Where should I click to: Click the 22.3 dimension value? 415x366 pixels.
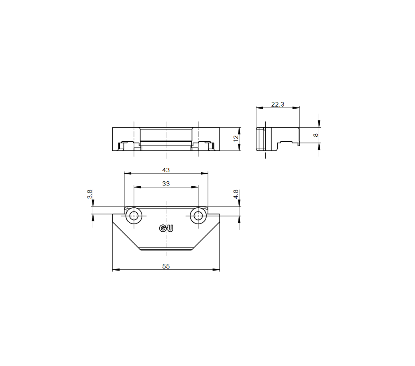tap(278, 105)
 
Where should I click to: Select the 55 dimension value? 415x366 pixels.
tap(166, 266)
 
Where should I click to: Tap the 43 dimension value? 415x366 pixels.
tap(166, 170)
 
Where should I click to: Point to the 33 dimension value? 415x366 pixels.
tap(166, 184)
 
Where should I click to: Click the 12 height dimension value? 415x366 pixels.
tap(236, 139)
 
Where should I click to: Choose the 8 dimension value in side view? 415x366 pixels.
tap(315, 135)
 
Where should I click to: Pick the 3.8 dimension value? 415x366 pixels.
tap(90, 194)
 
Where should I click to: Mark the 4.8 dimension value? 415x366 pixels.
tap(236, 194)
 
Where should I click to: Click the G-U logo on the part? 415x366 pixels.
tap(166, 228)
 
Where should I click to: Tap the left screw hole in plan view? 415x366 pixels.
tap(134, 216)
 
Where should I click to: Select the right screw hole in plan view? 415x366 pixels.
tap(198, 216)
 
